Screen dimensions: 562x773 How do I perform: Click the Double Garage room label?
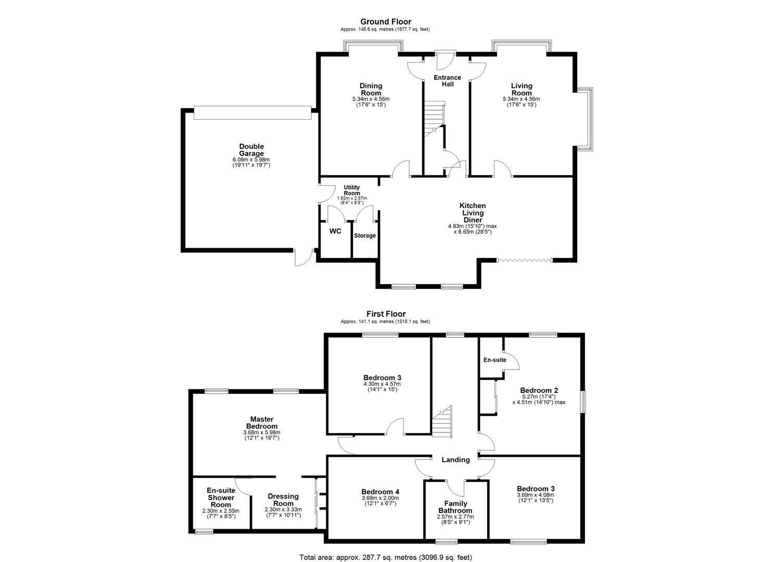tap(251, 150)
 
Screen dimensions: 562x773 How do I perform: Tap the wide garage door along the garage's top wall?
tap(252, 112)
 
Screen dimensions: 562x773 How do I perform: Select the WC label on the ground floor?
tap(335, 231)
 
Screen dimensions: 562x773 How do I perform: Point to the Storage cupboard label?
tap(364, 236)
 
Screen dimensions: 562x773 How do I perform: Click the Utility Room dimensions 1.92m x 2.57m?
tap(352, 198)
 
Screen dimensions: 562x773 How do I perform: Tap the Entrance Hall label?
tap(447, 81)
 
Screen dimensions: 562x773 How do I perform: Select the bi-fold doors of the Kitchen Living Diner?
tap(525, 259)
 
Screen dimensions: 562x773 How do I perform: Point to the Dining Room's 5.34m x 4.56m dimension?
tap(371, 99)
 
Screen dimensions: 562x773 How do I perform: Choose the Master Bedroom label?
tap(261, 423)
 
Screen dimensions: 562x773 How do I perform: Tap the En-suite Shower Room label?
tap(221, 497)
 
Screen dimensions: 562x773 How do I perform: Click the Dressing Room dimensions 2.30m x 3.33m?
tap(283, 509)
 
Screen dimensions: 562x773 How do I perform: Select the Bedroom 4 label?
tap(380, 492)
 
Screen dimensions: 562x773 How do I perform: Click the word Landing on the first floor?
tap(455, 459)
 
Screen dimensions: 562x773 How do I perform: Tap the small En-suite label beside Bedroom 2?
tap(495, 360)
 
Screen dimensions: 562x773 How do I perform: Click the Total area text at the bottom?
tap(386, 557)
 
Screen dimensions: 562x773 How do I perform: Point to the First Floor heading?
tap(386, 314)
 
